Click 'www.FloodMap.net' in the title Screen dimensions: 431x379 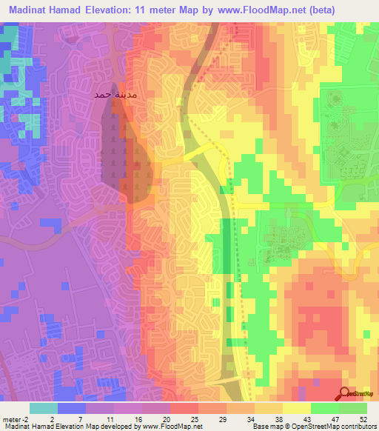(x=245, y=10)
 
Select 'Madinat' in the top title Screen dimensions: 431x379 (x=31, y=10)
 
